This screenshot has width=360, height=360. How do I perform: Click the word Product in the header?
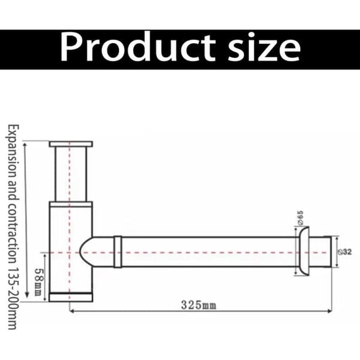point(138,47)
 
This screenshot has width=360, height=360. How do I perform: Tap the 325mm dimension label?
point(199,305)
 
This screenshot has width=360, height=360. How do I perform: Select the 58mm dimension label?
point(38,282)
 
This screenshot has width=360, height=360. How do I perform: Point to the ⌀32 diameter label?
point(345,252)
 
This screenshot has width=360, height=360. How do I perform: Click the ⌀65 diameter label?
point(301,218)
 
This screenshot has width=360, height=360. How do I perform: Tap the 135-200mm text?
point(13,298)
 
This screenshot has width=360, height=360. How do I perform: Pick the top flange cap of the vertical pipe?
point(71,144)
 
